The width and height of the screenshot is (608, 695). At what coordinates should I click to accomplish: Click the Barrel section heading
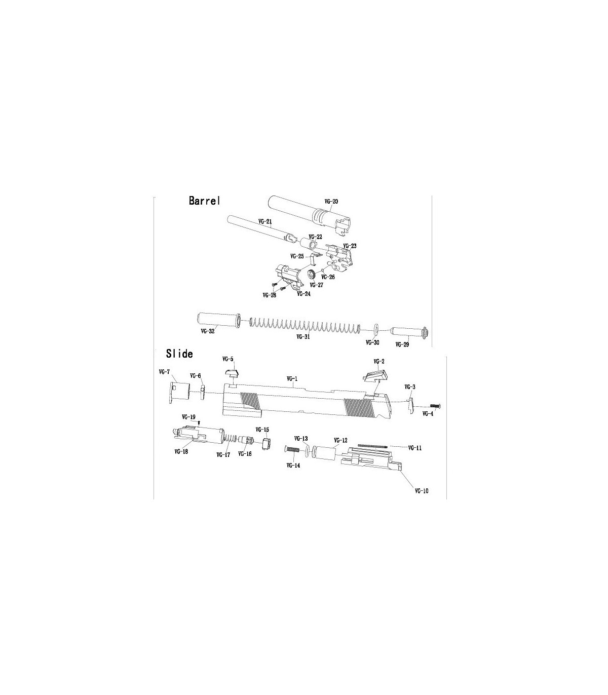[x=205, y=201]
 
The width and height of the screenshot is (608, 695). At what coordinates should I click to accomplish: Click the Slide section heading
[x=179, y=354]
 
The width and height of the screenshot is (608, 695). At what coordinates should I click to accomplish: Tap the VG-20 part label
[x=331, y=202]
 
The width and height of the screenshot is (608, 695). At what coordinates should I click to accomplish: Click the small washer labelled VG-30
[x=376, y=330]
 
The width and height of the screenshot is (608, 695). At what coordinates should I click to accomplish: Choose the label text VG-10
[x=422, y=491]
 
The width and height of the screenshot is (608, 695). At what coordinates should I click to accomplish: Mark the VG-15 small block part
[x=267, y=443]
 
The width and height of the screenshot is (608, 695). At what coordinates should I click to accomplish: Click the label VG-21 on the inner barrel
[x=265, y=221]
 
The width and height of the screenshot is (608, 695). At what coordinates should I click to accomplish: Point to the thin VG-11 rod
[x=372, y=446]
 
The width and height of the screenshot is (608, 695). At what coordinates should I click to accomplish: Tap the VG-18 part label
[x=181, y=452]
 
